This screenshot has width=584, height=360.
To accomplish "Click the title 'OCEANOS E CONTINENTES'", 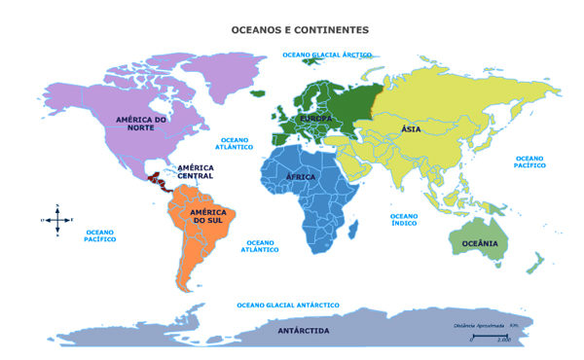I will [x=299, y=31].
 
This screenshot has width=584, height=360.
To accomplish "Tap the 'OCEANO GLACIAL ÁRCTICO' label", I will [x=327, y=55].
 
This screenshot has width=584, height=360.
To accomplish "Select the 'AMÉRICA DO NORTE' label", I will [x=141, y=124].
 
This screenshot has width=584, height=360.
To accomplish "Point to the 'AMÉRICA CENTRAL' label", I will [x=196, y=171].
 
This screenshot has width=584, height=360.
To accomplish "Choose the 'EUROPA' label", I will [x=314, y=118].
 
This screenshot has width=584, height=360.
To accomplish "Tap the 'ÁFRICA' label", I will [x=302, y=177].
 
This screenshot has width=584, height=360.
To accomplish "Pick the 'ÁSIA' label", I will [x=411, y=129].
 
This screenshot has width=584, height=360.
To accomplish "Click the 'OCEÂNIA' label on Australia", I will [x=479, y=242].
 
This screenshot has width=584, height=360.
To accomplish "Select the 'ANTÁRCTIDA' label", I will [x=304, y=331].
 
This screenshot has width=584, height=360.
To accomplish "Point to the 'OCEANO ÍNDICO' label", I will [x=404, y=220].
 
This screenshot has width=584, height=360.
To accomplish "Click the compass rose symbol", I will [x=57, y=220].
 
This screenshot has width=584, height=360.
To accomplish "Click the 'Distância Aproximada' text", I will [x=478, y=324].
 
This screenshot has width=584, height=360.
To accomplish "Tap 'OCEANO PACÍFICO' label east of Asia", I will [x=530, y=162].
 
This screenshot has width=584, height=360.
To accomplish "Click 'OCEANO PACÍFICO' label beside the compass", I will [x=99, y=235].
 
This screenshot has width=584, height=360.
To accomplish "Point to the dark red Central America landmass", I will [x=156, y=179].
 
